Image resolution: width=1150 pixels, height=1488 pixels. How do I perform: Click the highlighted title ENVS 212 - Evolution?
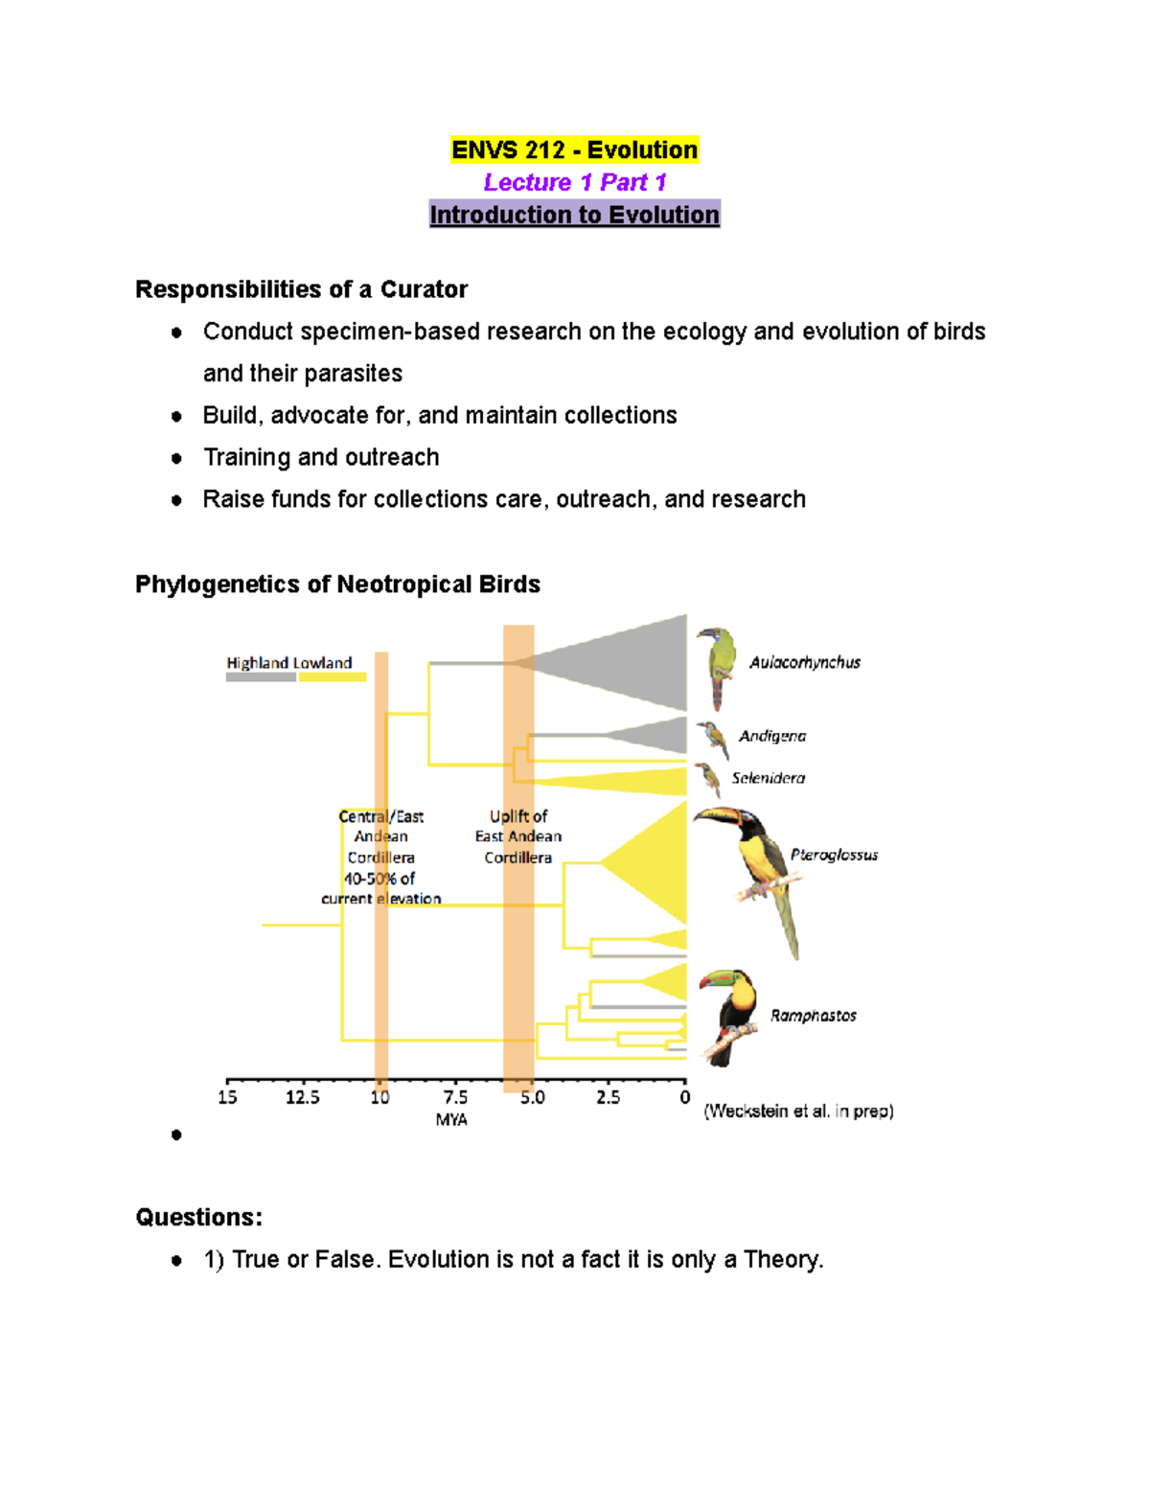click(x=574, y=150)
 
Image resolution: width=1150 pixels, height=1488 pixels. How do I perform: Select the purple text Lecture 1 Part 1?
click(x=574, y=182)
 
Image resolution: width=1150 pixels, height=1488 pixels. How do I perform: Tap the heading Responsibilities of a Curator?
click(x=301, y=289)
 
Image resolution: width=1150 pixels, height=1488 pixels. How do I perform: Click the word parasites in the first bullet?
click(x=356, y=373)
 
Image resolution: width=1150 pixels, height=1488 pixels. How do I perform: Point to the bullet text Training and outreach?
click(x=321, y=457)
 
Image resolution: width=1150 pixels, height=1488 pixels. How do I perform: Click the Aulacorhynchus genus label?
click(x=804, y=662)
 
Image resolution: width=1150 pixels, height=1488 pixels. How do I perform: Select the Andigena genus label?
click(x=771, y=736)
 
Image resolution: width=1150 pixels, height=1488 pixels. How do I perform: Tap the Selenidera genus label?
click(x=768, y=778)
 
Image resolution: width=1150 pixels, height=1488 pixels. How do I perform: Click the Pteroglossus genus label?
click(x=834, y=855)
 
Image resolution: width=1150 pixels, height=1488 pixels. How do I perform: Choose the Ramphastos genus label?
click(x=813, y=1016)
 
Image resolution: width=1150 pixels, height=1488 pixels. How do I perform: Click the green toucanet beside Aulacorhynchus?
click(x=716, y=665)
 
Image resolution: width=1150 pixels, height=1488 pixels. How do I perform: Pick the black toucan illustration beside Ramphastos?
click(x=727, y=1017)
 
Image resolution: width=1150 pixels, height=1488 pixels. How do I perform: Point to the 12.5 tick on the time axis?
click(x=302, y=1097)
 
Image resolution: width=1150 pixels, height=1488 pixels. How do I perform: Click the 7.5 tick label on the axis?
click(x=455, y=1097)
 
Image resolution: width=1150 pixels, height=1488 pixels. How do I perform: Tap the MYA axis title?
click(x=451, y=1119)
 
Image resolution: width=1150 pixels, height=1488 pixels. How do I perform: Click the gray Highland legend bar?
click(x=261, y=677)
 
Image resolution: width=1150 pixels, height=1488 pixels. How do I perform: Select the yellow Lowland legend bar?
click(x=332, y=677)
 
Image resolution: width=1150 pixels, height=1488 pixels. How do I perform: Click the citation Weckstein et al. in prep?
click(x=798, y=1111)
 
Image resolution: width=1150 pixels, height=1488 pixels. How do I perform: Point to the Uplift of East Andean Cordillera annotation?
click(x=517, y=836)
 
